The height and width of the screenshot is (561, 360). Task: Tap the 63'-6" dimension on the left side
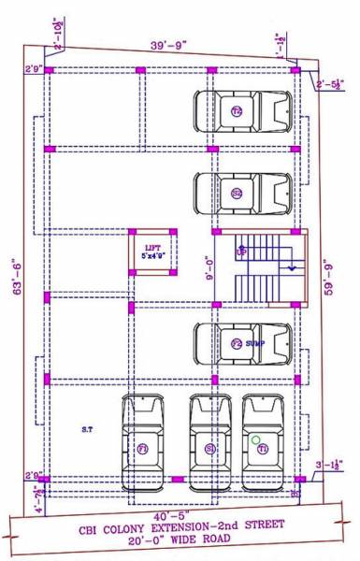(x=13, y=279)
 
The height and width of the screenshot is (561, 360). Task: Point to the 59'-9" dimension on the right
(x=324, y=276)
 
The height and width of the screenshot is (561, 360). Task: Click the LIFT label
(x=150, y=246)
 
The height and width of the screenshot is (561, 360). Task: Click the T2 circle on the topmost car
(x=237, y=112)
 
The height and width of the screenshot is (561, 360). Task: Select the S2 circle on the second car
(x=237, y=194)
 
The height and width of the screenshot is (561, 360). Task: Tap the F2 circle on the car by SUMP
(x=237, y=344)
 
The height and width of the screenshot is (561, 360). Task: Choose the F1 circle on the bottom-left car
(x=143, y=449)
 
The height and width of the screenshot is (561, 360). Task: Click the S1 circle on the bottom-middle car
(x=210, y=449)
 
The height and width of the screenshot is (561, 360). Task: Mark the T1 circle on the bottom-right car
(x=264, y=449)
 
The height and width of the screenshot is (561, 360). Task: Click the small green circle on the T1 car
(x=255, y=438)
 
